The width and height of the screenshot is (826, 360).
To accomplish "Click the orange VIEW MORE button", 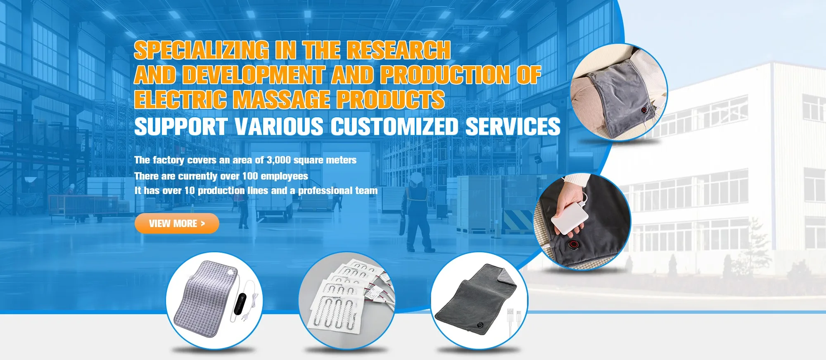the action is [x=177, y=223].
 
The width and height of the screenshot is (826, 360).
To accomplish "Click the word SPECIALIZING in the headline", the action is [x=202, y=50].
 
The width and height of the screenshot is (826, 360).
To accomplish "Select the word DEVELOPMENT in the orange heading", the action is [x=253, y=75].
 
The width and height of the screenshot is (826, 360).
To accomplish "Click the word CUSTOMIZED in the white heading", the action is [x=394, y=126].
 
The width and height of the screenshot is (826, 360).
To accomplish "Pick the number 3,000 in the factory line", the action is [x=279, y=160].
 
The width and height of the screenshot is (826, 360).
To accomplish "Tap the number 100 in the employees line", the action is [x=250, y=176].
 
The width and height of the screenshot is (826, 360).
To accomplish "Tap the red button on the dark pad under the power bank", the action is [x=573, y=245].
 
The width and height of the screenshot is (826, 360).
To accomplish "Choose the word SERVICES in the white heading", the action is [x=513, y=126].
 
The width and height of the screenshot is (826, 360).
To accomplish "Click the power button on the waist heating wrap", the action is [x=644, y=111].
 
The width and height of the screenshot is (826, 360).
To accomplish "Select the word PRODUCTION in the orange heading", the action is [x=445, y=75].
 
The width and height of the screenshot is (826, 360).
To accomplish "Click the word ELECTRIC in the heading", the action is [x=180, y=99].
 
